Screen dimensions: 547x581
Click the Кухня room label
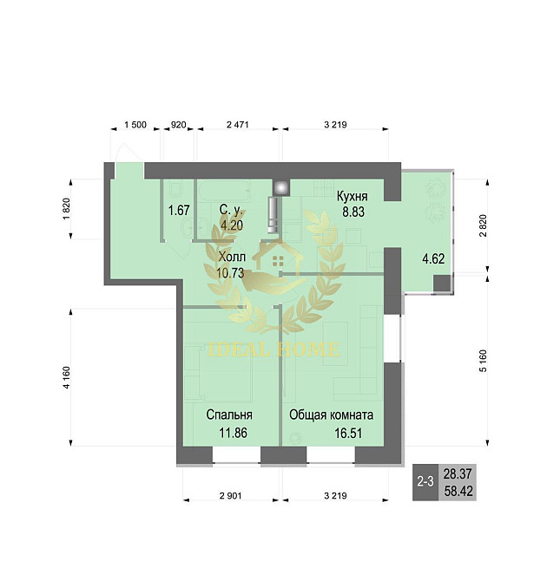(353, 196)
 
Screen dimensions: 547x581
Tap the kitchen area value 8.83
(353, 212)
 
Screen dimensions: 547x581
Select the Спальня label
(229, 415)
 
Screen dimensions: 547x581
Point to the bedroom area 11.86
(233, 433)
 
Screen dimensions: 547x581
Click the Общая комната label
(331, 415)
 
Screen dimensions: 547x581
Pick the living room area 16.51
(348, 433)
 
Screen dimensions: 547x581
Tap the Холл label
(232, 257)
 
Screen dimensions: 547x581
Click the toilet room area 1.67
(179, 211)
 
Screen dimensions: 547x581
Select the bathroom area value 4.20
(232, 225)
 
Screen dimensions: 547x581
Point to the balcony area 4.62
(433, 258)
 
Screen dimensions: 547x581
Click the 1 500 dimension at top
(135, 125)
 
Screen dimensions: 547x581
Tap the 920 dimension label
(179, 125)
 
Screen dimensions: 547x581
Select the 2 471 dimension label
(238, 125)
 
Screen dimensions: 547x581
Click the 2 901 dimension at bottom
(230, 495)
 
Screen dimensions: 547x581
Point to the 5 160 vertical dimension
(483, 361)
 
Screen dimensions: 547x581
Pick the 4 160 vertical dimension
(67, 377)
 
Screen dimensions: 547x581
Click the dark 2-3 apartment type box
(425, 482)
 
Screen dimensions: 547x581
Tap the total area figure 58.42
(458, 492)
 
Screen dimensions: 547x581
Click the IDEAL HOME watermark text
(273, 349)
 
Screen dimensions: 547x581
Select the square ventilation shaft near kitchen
(281, 187)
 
